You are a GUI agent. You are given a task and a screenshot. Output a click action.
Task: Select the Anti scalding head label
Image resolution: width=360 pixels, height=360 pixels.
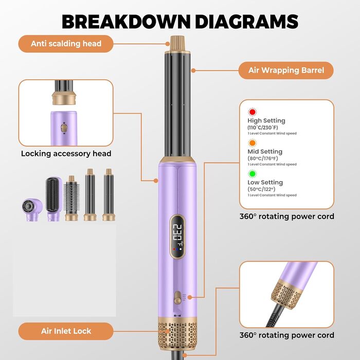pyautogui.click(x=66, y=44)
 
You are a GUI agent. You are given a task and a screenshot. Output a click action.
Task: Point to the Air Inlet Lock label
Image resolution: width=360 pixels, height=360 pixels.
pyautogui.click(x=66, y=331)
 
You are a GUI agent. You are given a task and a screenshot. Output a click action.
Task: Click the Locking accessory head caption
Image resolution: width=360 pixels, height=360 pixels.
pyautogui.click(x=66, y=153)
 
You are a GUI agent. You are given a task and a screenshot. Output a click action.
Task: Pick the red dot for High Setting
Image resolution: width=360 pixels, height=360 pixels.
pyautogui.click(x=252, y=112)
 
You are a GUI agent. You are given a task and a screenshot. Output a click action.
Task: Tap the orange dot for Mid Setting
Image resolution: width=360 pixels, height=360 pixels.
pyautogui.click(x=252, y=142)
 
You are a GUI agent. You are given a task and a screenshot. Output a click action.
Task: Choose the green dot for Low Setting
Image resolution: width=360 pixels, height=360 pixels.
pyautogui.click(x=252, y=173)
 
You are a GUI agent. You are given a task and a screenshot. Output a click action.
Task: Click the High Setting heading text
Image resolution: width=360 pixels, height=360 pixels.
pyautogui.click(x=266, y=121)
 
